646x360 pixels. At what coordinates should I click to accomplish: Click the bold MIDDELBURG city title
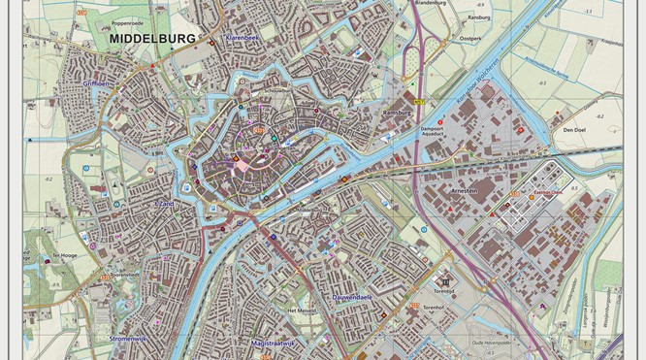click(x=153, y=39)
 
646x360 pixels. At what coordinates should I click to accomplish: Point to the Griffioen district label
click(x=99, y=83)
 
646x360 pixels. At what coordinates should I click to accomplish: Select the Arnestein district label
click(x=463, y=192)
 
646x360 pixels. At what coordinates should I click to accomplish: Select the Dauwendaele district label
click(x=352, y=297)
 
